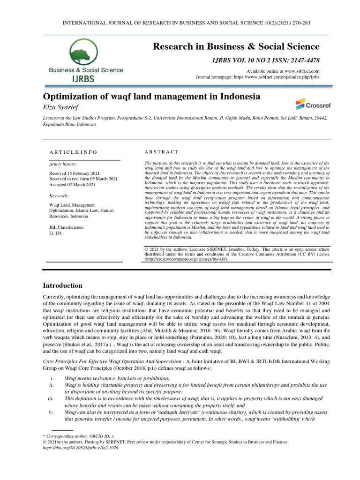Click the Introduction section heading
pyautogui.click(x=63, y=285)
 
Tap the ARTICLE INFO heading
pyautogui.click(x=74, y=152)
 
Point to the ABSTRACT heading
pyautogui.click(x=162, y=152)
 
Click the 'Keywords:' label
pyautogui.click(x=59, y=195)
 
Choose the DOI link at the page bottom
pyautogui.click(x=80, y=448)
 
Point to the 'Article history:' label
pyautogui.click(x=63, y=164)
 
